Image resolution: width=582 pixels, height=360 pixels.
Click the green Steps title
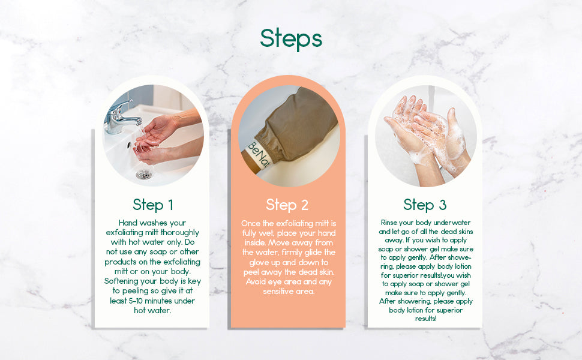click(x=291, y=38)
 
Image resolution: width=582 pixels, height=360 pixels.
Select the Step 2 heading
click(x=287, y=205)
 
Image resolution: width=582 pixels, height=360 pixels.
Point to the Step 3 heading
click(x=425, y=205)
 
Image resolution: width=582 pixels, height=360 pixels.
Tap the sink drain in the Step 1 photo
click(x=143, y=174)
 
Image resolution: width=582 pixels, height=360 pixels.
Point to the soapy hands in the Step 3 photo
click(x=426, y=129)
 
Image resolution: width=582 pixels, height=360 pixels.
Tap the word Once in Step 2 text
click(x=251, y=223)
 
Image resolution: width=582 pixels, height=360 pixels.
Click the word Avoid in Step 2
click(x=253, y=281)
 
